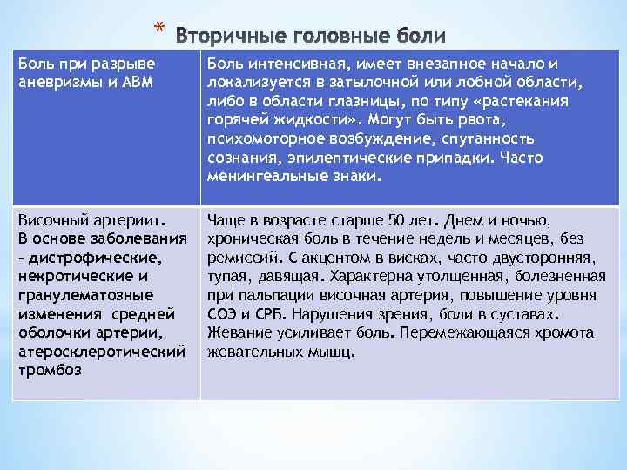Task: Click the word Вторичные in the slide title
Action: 232,36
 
